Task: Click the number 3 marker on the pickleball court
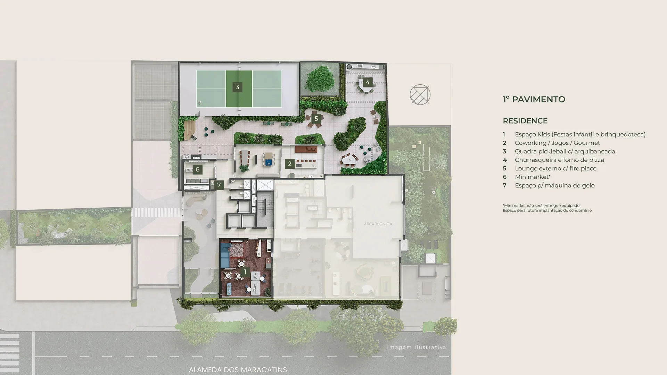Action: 237,87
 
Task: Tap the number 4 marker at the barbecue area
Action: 368,82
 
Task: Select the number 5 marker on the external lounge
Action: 316,119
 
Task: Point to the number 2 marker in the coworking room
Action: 290,164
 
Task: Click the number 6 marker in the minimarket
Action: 197,169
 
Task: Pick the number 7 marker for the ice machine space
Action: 219,185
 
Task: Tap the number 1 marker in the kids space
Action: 245,272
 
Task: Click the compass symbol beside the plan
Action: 420,94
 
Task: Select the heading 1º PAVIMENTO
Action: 534,99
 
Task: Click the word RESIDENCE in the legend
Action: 525,121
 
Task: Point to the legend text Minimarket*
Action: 533,177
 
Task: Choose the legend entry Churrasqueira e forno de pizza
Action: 559,160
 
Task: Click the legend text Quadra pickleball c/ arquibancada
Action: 565,151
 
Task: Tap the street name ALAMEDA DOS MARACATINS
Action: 238,370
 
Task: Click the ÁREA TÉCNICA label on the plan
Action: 378,224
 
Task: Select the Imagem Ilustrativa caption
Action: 417,347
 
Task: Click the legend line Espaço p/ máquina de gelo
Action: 555,185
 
